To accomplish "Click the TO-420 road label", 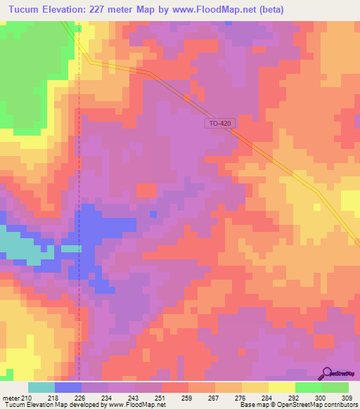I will point(219,124).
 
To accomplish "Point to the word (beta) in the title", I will point(338,9).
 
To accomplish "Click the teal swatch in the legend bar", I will point(41,388).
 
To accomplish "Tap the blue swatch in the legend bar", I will point(67,388).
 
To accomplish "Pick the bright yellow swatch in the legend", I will point(281,388).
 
